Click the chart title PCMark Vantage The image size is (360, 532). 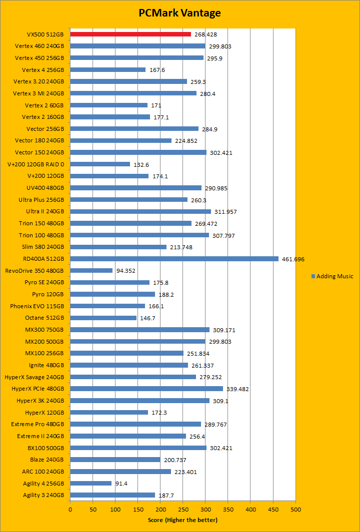pyautogui.click(x=179, y=13)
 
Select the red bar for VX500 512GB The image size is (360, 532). pyautogui.click(x=130, y=34)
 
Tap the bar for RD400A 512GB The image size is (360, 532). pyautogui.click(x=174, y=259)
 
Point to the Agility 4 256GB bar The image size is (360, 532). pyautogui.click(x=90, y=483)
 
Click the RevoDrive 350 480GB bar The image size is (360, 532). pyautogui.click(x=91, y=271)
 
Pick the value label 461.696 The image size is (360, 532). pyautogui.click(x=293, y=259)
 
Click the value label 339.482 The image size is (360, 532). pyautogui.click(x=238, y=389)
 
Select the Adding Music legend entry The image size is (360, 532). pyautogui.click(x=332, y=276)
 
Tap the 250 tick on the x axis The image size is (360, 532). pyautogui.click(x=183, y=509)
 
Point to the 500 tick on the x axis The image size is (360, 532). pyautogui.click(x=295, y=509)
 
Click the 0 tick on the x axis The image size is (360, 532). pyautogui.click(x=70, y=509)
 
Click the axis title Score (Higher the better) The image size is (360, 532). pyautogui.click(x=182, y=520)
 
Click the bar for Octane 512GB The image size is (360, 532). pyautogui.click(x=103, y=318)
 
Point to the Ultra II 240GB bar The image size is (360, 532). pyautogui.click(x=140, y=212)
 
